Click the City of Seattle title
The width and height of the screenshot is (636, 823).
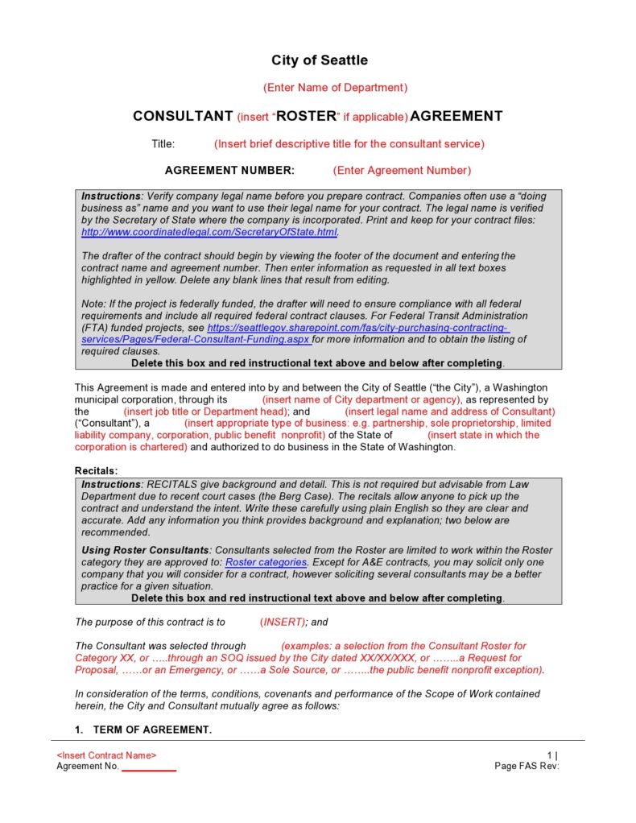coord(319,60)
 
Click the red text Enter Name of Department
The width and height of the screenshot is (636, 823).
coord(335,87)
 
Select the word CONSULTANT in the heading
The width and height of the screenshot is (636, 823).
coord(183,116)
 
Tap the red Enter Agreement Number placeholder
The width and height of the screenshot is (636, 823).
coord(402,170)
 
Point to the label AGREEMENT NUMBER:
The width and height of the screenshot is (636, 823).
coord(229,170)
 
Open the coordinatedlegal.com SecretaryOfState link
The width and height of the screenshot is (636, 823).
coord(209,232)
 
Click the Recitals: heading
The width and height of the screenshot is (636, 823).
coord(97,470)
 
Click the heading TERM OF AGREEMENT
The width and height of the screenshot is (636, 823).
coord(152,730)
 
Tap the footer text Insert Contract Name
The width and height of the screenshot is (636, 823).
coord(106,755)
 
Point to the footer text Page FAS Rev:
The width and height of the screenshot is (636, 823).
coord(527,766)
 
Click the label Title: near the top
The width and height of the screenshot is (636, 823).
coord(163,144)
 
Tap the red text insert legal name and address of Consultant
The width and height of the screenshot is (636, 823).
coord(450,411)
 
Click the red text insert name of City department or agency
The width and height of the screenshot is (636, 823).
coord(361,399)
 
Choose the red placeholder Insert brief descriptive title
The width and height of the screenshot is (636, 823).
coord(349,144)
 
